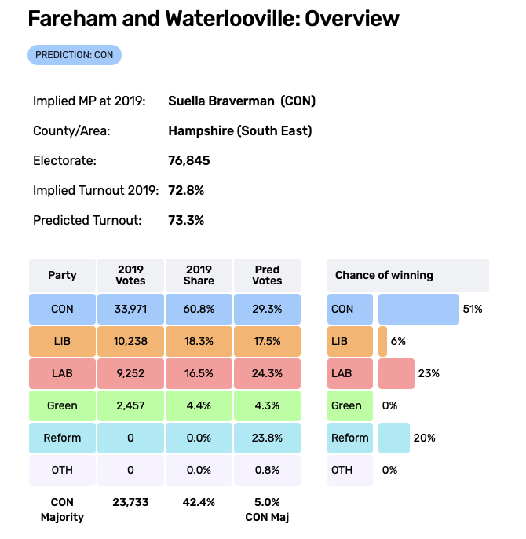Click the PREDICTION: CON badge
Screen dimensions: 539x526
(x=75, y=55)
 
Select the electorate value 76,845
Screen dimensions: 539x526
(x=188, y=161)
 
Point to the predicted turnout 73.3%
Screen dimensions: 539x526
(x=186, y=221)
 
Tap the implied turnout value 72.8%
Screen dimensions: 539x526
(x=186, y=191)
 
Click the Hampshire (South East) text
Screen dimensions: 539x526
(x=239, y=131)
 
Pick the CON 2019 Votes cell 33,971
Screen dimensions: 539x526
(x=130, y=309)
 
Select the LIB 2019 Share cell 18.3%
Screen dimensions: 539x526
(x=199, y=341)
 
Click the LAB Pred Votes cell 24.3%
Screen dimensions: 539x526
(x=268, y=373)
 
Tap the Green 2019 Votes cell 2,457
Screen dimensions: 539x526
(x=130, y=405)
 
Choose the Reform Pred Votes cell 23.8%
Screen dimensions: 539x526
(x=268, y=438)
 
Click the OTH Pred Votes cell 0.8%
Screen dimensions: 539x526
(x=268, y=470)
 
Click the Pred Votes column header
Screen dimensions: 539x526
(x=268, y=275)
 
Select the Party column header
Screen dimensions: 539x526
(x=62, y=275)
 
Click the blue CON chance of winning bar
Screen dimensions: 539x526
(x=418, y=309)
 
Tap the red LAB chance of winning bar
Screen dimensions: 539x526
(x=396, y=373)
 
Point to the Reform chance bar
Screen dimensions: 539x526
(x=393, y=438)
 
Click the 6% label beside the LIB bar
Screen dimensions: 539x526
(x=398, y=341)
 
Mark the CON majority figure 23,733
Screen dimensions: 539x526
(x=130, y=502)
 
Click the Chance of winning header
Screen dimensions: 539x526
(x=384, y=275)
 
